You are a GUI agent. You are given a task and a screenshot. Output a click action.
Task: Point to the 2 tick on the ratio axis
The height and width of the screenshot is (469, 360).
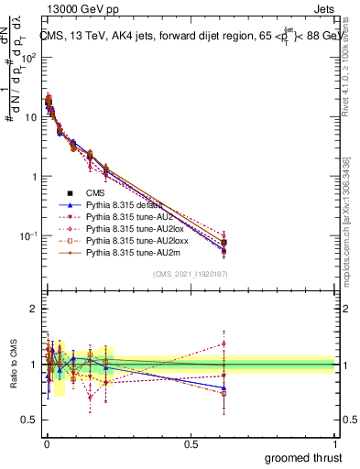coord(33,309)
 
